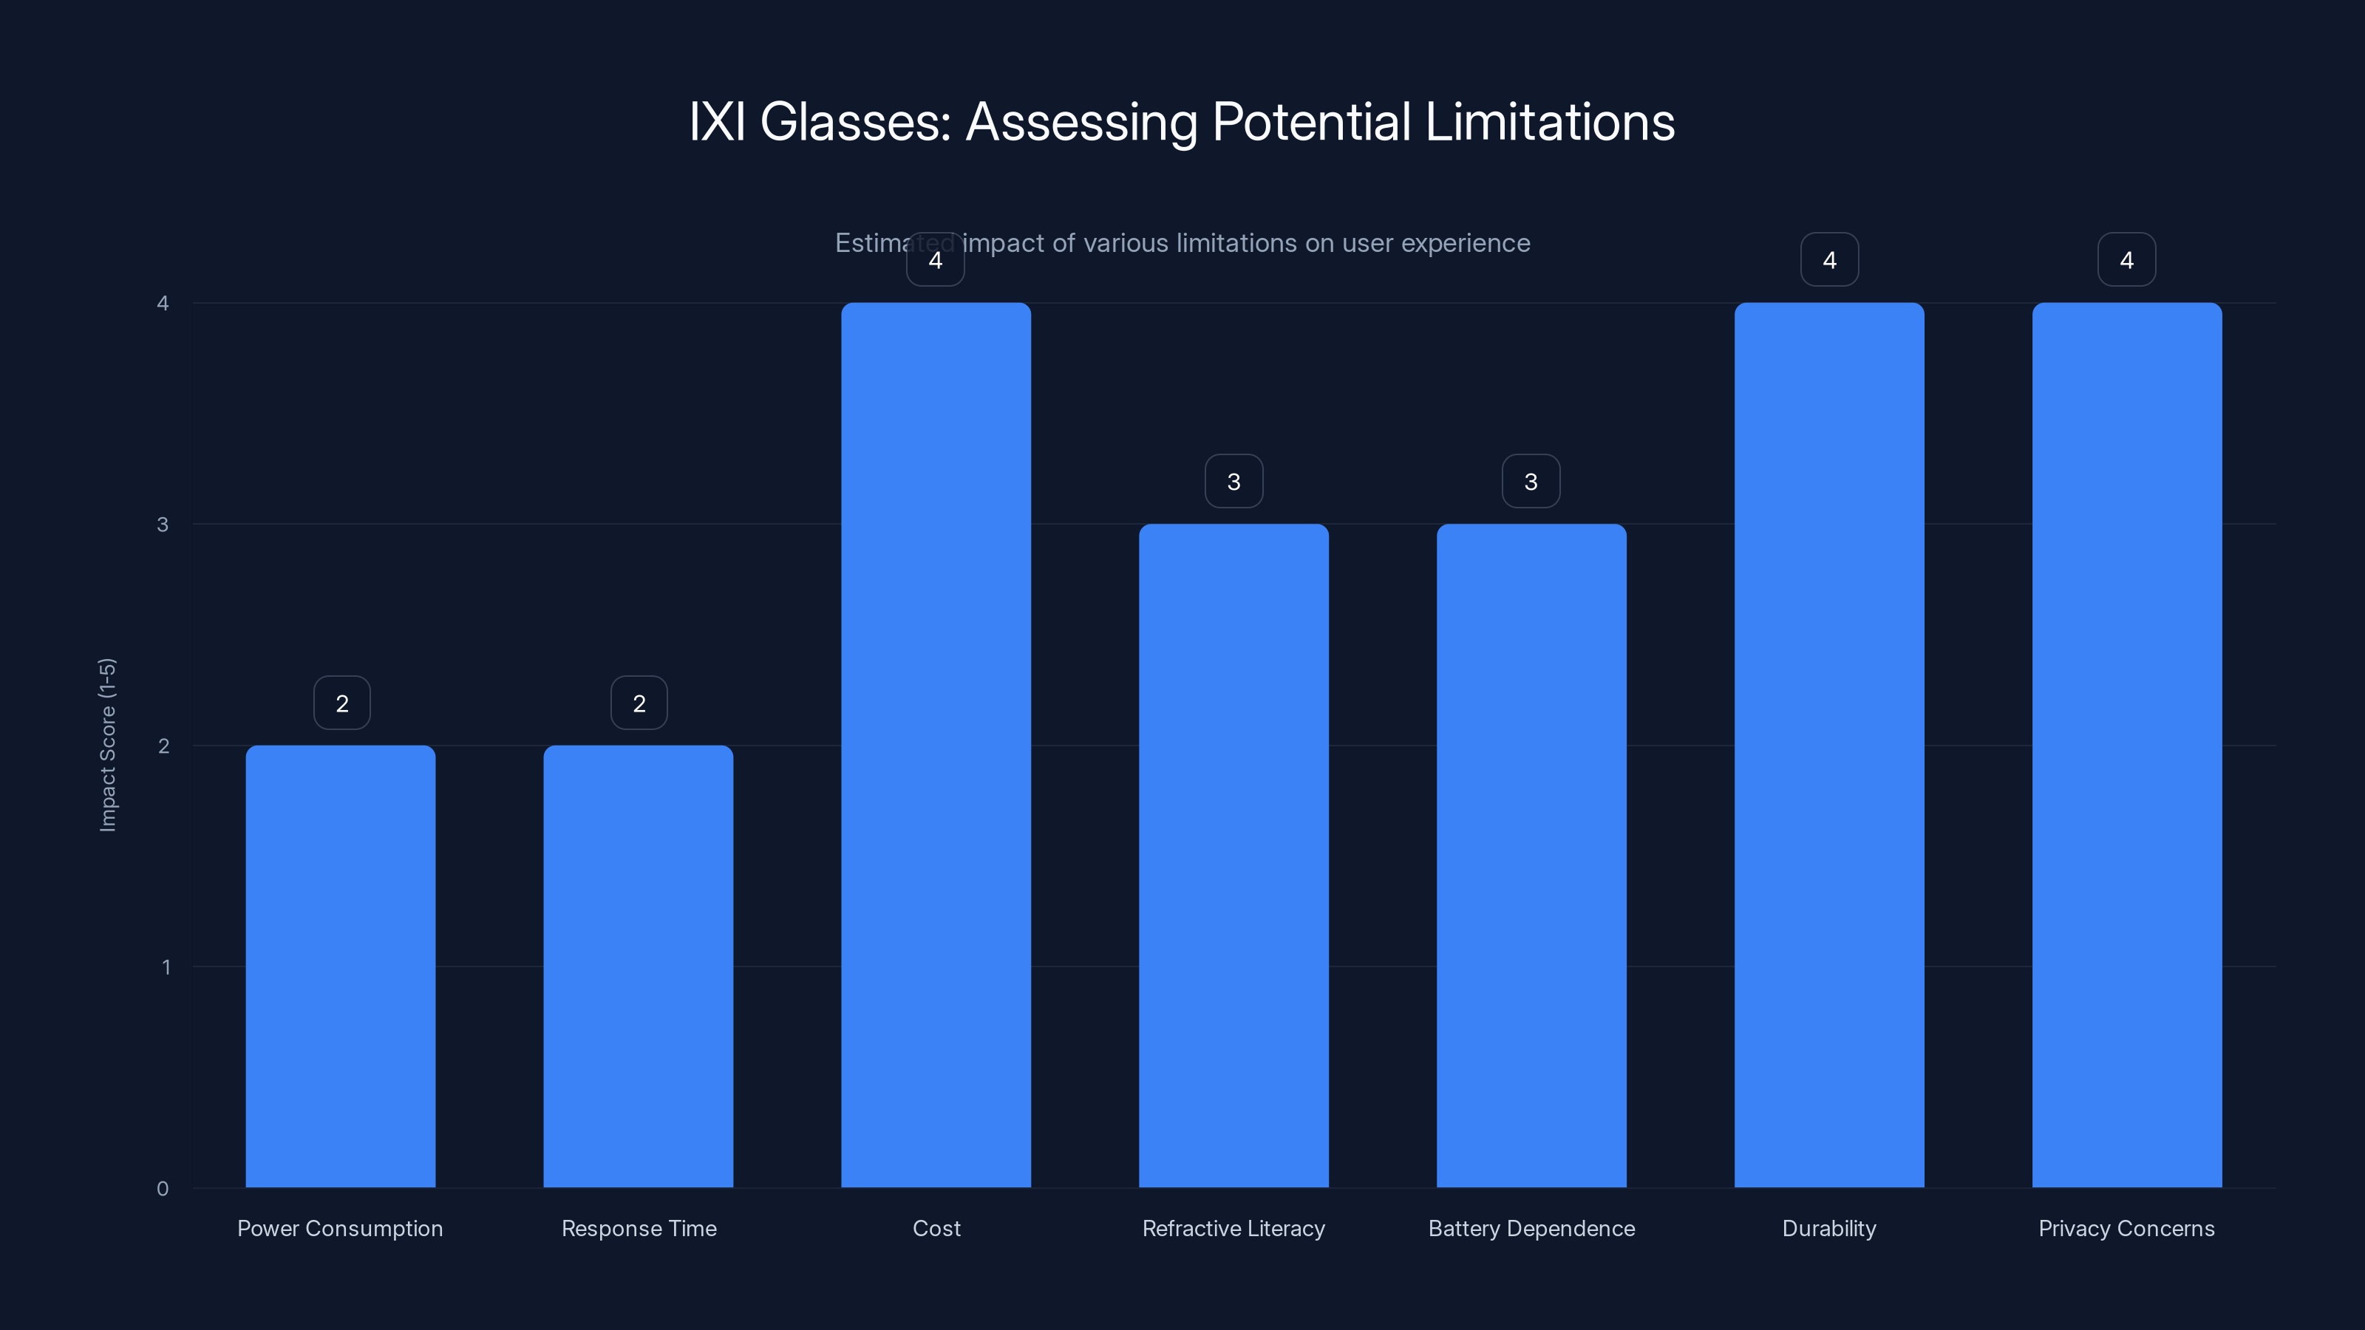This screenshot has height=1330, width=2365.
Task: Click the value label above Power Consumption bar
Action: [341, 703]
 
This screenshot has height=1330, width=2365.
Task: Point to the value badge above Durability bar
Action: [1829, 260]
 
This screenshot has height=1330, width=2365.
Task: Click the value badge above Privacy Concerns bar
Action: [2126, 260]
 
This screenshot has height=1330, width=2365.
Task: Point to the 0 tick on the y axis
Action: [163, 1189]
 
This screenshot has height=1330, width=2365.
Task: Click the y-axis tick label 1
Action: [166, 966]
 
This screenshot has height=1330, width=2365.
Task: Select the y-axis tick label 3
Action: [163, 524]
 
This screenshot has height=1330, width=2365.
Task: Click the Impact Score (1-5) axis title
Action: [107, 744]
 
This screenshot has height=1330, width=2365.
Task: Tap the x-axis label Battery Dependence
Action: [1531, 1228]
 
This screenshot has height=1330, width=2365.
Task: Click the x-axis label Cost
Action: [936, 1228]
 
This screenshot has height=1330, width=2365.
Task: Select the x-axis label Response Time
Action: [638, 1228]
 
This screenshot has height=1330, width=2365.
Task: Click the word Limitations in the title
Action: [1550, 122]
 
